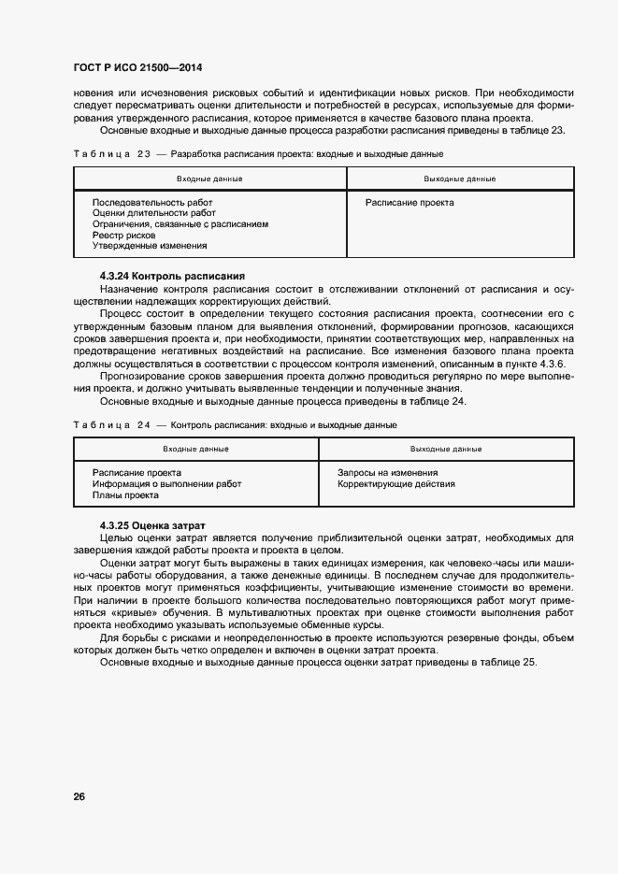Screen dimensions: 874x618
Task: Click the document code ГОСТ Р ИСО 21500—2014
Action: click(x=137, y=68)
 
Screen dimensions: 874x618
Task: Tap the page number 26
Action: click(x=79, y=796)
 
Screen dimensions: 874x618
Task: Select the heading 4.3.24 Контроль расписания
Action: click(x=172, y=276)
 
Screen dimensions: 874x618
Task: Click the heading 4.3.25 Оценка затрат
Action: click(x=151, y=526)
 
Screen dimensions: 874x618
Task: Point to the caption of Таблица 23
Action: click(x=257, y=153)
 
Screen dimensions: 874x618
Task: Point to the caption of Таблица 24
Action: click(x=235, y=425)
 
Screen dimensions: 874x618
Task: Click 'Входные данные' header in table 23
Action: click(x=209, y=179)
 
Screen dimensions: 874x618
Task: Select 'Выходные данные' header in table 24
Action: click(x=446, y=450)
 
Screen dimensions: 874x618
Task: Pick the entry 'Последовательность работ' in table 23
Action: click(x=152, y=202)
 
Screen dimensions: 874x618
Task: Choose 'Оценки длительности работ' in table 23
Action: click(x=153, y=213)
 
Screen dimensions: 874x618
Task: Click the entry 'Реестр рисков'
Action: click(x=123, y=235)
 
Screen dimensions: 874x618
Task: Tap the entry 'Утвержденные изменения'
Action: click(x=150, y=246)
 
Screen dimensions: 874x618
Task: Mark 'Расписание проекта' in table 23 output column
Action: click(x=410, y=202)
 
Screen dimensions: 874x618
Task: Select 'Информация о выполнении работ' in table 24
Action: click(x=166, y=484)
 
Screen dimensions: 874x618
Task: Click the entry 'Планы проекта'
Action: click(x=125, y=495)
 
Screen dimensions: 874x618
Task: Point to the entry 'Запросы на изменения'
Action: click(x=387, y=473)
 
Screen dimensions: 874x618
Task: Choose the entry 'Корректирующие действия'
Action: click(x=396, y=484)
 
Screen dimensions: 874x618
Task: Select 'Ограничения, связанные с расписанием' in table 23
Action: click(x=180, y=224)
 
